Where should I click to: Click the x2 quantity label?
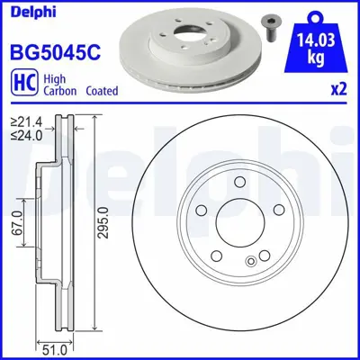tap(337, 90)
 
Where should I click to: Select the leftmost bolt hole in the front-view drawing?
tap(202, 212)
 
